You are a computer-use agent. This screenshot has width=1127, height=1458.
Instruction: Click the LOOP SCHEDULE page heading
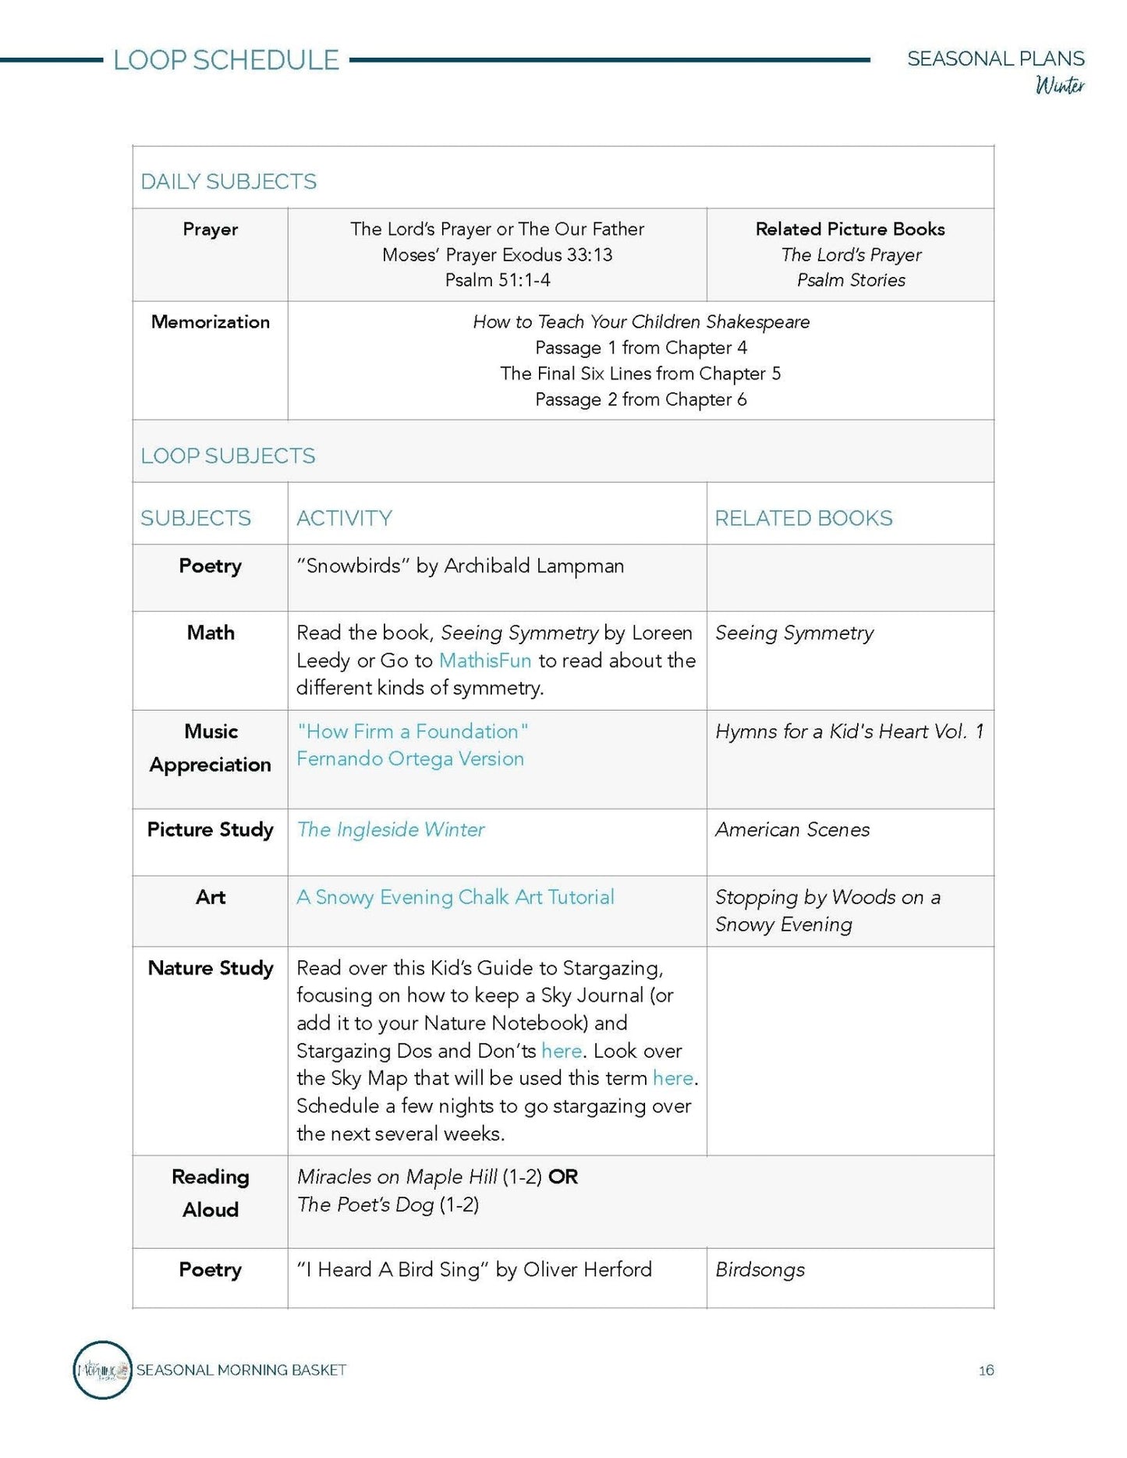[226, 60]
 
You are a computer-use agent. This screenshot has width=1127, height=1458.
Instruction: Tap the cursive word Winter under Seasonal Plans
[1060, 85]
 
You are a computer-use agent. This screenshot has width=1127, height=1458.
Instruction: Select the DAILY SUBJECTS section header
[229, 182]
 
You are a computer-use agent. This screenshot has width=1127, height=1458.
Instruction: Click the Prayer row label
[210, 229]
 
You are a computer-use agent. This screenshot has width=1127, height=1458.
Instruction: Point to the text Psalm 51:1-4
[498, 280]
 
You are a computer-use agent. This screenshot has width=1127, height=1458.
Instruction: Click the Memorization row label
[210, 322]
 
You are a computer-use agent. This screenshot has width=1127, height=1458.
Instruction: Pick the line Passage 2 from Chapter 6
[640, 399]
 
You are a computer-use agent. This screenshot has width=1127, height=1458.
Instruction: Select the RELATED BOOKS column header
[803, 518]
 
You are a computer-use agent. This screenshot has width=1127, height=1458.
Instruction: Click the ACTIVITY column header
[344, 518]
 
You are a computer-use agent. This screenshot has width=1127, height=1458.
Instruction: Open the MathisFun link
[485, 661]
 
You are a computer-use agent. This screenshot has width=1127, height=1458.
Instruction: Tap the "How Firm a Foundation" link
[413, 732]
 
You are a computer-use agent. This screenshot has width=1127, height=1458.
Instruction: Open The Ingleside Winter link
[391, 829]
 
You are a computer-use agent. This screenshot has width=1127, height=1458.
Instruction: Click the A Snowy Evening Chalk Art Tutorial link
[455, 897]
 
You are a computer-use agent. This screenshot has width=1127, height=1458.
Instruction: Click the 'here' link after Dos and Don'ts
[562, 1051]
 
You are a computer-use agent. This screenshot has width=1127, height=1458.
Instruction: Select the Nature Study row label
[211, 968]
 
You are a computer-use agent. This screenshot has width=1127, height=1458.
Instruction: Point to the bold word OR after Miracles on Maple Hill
[563, 1177]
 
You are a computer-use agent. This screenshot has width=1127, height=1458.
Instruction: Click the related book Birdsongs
[760, 1270]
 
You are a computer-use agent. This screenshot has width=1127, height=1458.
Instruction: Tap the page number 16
[986, 1371]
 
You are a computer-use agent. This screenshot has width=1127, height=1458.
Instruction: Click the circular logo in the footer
[102, 1370]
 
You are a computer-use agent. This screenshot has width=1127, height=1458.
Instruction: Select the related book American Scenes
[792, 829]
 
